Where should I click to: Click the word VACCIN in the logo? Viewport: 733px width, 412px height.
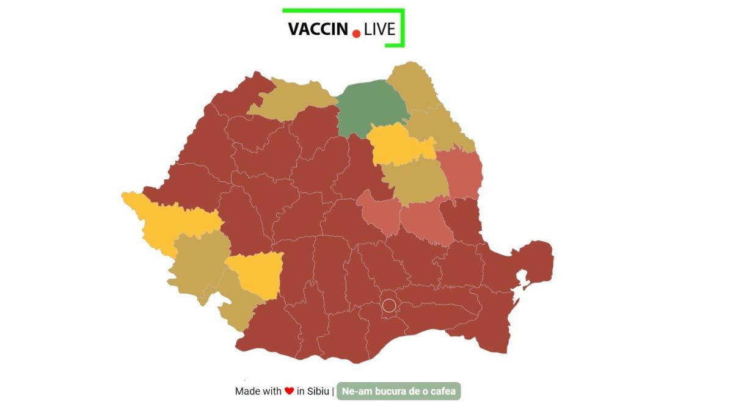(318, 29)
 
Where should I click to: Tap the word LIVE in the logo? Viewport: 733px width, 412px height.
(379, 29)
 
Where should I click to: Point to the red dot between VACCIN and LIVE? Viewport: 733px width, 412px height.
(357, 34)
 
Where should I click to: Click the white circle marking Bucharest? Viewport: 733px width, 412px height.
(389, 305)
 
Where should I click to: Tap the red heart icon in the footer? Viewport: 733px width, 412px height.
(289, 391)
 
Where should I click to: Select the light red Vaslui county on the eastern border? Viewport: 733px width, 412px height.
(461, 174)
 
